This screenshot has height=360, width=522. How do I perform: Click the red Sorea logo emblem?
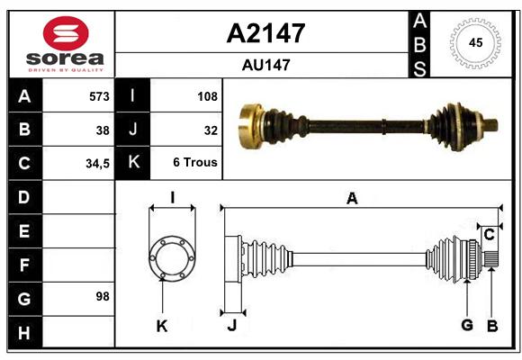pyautogui.click(x=66, y=33)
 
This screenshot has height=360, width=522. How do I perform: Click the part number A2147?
pyautogui.click(x=265, y=33)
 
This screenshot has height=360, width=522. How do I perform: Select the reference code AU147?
pyautogui.click(x=266, y=65)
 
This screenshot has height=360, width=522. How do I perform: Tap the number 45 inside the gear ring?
pyautogui.click(x=475, y=42)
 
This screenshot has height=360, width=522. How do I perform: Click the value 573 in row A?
pyautogui.click(x=99, y=96)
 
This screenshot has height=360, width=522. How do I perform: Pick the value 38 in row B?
pyautogui.click(x=103, y=130)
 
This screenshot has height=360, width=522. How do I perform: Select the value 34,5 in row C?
pyautogui.click(x=97, y=164)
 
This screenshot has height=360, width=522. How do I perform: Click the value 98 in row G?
pyautogui.click(x=103, y=296)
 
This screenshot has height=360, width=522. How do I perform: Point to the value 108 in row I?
pyautogui.click(x=207, y=96)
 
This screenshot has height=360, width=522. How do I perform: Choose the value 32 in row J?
pyautogui.click(x=211, y=130)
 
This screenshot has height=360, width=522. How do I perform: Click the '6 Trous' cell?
pyautogui.click(x=195, y=162)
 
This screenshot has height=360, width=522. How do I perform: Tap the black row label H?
pyautogui.click(x=25, y=332)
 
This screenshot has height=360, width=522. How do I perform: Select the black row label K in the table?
pyautogui.click(x=132, y=162)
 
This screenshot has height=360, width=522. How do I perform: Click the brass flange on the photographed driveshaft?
pyautogui.click(x=251, y=126)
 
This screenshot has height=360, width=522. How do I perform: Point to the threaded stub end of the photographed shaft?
pyautogui.click(x=491, y=125)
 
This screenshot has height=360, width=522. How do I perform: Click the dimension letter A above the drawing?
pyautogui.click(x=352, y=199)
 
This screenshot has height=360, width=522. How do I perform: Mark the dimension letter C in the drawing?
pyautogui.click(x=489, y=235)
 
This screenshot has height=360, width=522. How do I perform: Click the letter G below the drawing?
pyautogui.click(x=467, y=325)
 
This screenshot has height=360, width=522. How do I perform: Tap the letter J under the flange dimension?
pyautogui.click(x=232, y=325)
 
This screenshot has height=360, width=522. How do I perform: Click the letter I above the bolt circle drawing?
pyautogui.click(x=173, y=198)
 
